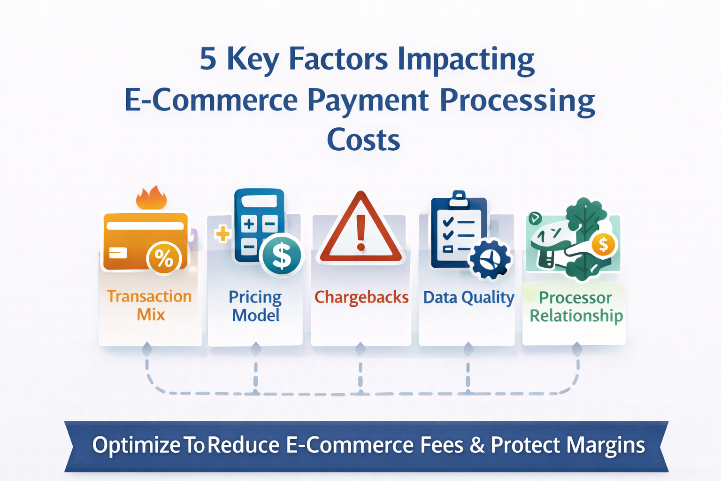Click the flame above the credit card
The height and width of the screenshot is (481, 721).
(152, 198)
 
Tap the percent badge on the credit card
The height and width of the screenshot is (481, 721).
(164, 258)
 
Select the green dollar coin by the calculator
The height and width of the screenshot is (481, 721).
(282, 255)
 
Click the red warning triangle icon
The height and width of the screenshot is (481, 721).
(360, 230)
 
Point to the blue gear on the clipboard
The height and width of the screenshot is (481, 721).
(490, 259)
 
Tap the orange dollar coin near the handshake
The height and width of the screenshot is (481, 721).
(603, 244)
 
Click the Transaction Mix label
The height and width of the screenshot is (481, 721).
(150, 305)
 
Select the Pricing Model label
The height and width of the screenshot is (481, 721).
(255, 306)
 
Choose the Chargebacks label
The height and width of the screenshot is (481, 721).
(361, 297)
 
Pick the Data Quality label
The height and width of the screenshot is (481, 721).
(468, 297)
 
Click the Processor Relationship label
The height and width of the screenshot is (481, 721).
(576, 307)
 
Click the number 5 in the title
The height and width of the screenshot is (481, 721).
(208, 59)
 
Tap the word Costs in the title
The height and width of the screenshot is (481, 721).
(363, 140)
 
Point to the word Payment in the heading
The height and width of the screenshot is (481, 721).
(368, 101)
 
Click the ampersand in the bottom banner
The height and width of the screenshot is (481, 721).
(477, 445)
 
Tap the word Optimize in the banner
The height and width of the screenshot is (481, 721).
(136, 445)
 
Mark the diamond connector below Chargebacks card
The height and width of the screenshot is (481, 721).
(360, 349)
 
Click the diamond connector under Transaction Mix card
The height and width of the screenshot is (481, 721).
(147, 349)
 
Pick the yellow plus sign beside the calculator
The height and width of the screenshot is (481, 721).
(222, 233)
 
